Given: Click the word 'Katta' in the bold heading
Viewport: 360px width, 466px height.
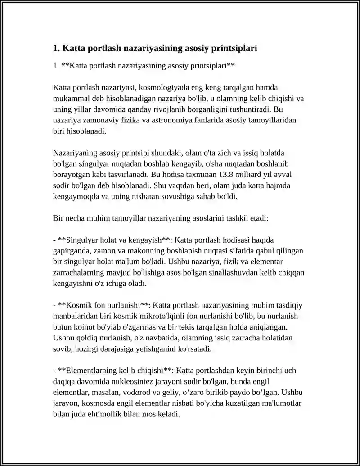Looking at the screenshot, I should pyautogui.click(x=73, y=48).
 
